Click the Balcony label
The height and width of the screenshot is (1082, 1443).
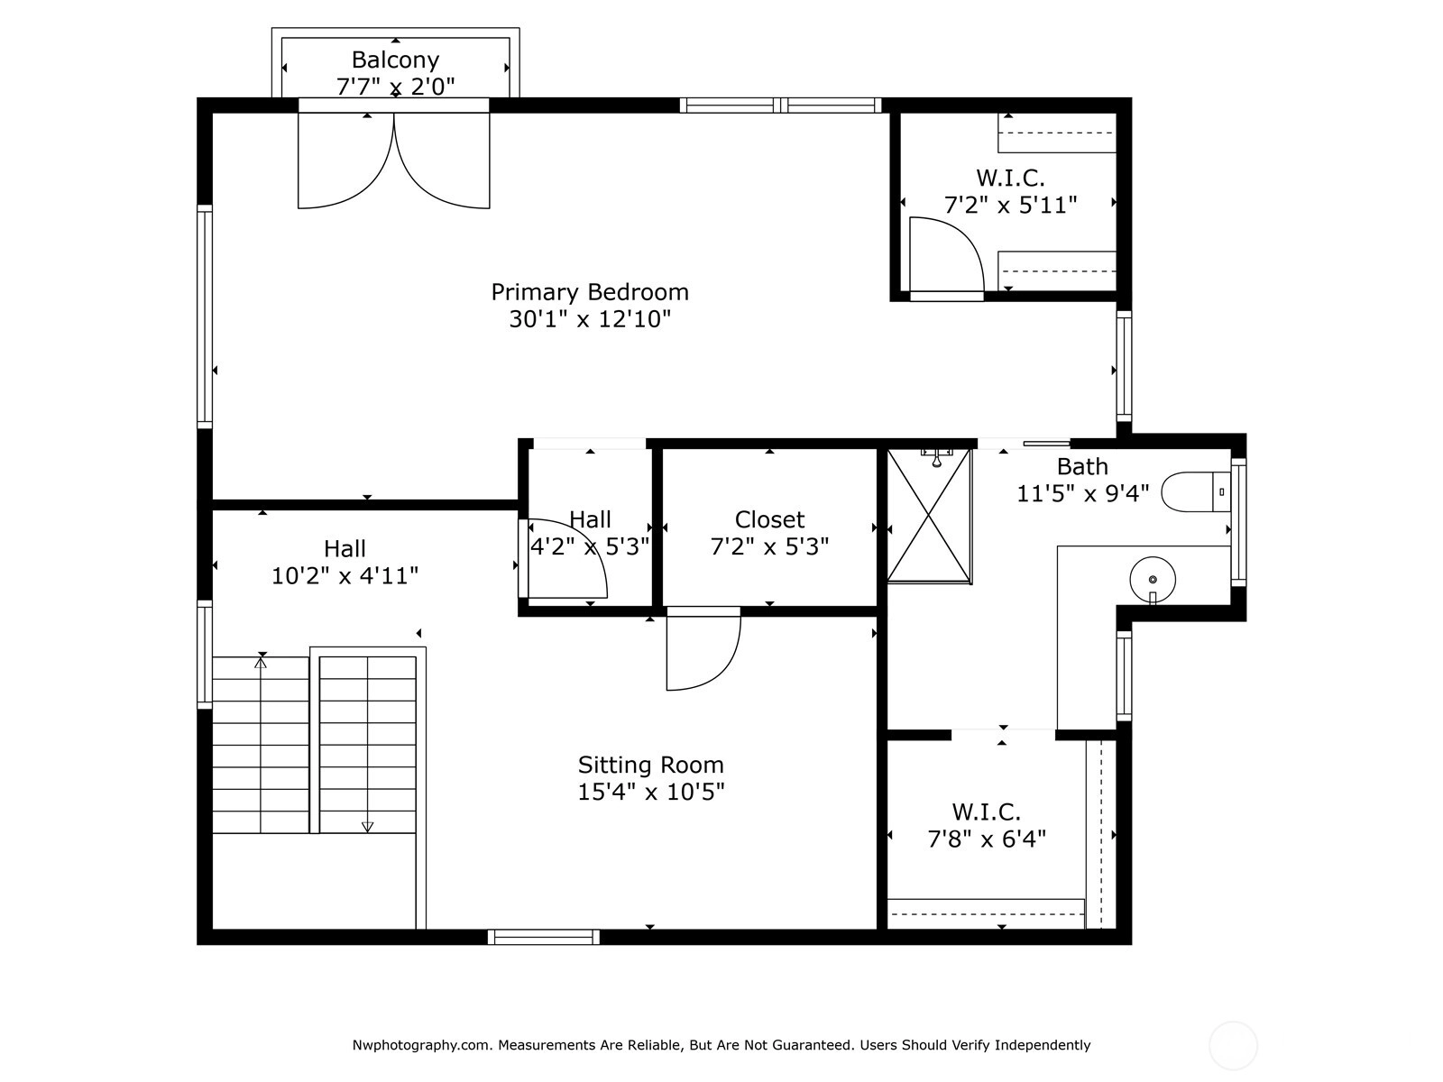(x=395, y=60)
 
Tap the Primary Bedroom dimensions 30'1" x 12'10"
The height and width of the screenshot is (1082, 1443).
(x=590, y=319)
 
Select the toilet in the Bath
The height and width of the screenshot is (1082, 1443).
(x=1195, y=491)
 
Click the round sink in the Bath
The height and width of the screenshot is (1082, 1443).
(x=1153, y=580)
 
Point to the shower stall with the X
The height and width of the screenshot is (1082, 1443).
(x=929, y=517)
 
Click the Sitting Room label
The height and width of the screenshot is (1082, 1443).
(x=651, y=765)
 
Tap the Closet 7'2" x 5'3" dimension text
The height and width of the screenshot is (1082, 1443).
(x=769, y=546)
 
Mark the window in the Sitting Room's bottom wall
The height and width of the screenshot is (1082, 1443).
(x=544, y=937)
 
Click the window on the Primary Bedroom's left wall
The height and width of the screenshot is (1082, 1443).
(x=205, y=316)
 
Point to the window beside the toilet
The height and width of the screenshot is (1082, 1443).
(x=1238, y=522)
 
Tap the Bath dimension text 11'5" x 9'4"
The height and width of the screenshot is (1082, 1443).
(x=1083, y=493)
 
